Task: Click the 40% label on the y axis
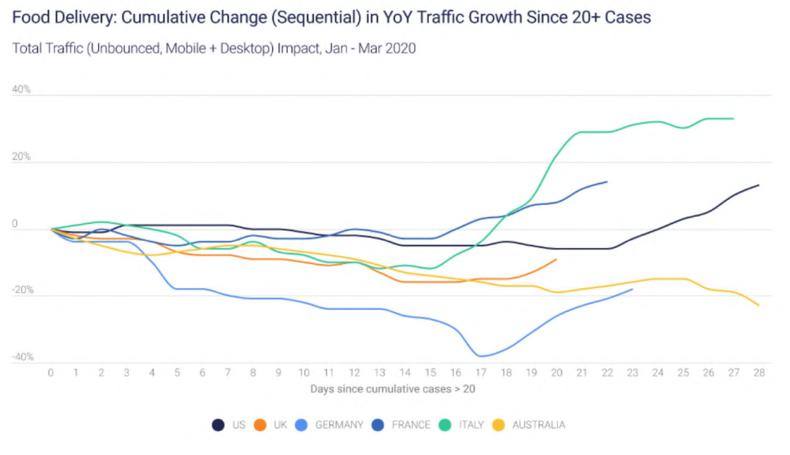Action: (x=22, y=90)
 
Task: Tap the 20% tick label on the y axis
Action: (x=22, y=157)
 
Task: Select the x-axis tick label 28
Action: (x=759, y=373)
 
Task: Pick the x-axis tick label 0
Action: (x=51, y=373)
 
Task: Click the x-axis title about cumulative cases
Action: (x=393, y=389)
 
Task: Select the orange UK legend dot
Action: (x=261, y=425)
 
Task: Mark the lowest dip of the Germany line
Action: (x=482, y=356)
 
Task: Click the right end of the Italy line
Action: (x=733, y=118)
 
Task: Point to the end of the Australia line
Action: (x=759, y=306)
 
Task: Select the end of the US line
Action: (x=759, y=185)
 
